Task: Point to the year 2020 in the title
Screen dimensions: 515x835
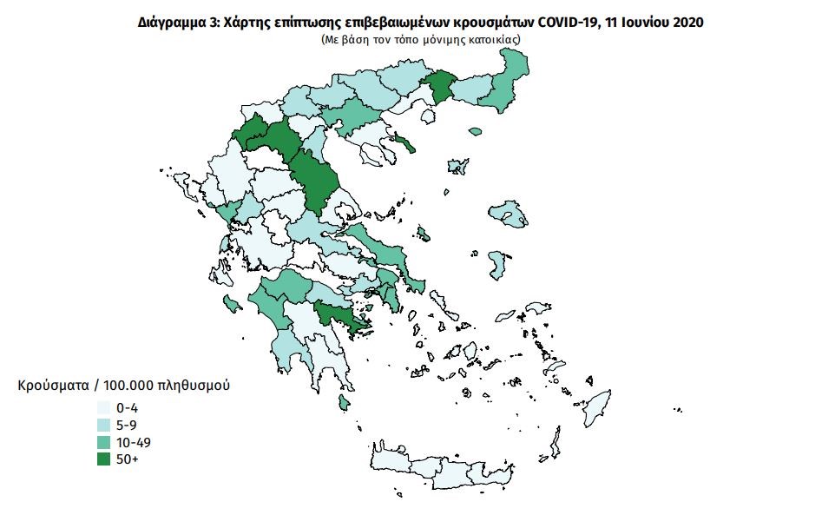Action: click(x=687, y=23)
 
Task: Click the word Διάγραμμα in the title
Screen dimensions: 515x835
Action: click(x=172, y=23)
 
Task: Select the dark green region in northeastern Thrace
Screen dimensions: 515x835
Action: click(x=439, y=87)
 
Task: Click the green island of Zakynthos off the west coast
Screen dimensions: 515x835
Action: click(x=232, y=303)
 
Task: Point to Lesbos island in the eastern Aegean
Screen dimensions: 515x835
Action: click(x=509, y=213)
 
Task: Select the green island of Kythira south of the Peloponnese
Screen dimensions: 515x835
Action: click(x=344, y=401)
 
